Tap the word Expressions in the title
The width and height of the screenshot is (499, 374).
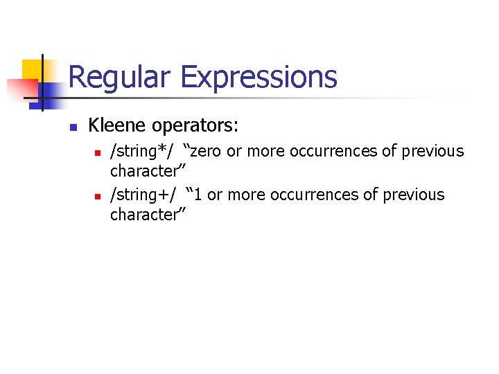(x=259, y=77)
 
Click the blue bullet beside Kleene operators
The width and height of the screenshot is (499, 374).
(x=72, y=127)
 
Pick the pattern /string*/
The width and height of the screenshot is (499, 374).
(x=143, y=151)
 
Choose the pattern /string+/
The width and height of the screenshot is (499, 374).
(x=143, y=195)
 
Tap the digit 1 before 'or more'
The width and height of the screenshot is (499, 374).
(x=198, y=195)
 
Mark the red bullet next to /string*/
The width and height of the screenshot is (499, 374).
(x=98, y=152)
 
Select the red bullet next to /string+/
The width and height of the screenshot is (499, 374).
(x=98, y=195)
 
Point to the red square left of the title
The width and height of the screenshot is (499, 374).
(x=21, y=89)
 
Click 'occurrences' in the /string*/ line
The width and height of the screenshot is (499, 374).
(x=333, y=151)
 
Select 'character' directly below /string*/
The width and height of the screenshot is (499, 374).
(x=146, y=170)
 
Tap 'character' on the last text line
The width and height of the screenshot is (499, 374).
(x=146, y=215)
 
